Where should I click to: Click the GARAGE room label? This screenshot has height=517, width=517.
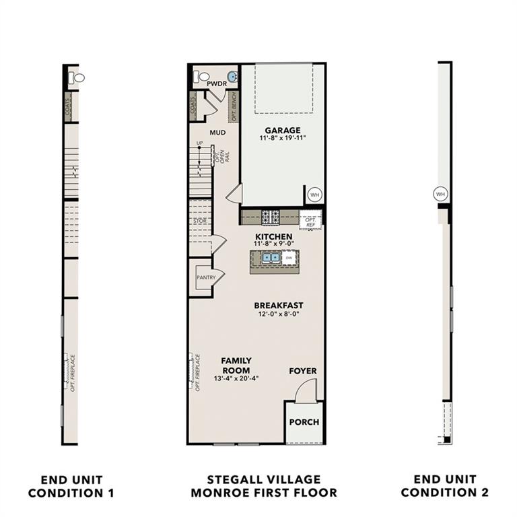pyautogui.click(x=282, y=130)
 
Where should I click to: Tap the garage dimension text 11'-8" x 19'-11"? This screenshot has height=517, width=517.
pyautogui.click(x=282, y=139)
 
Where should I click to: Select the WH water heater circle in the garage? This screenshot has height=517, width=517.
pyautogui.click(x=314, y=195)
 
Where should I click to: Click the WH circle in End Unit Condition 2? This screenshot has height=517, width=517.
pyautogui.click(x=441, y=194)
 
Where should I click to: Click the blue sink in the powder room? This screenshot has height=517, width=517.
pyautogui.click(x=232, y=77)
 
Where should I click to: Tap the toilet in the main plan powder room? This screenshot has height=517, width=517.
pyautogui.click(x=200, y=77)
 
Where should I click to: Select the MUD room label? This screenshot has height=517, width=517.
pyautogui.click(x=217, y=133)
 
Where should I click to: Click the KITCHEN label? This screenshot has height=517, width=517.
pyautogui.click(x=273, y=236)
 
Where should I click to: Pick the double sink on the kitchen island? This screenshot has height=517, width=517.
pyautogui.click(x=271, y=257)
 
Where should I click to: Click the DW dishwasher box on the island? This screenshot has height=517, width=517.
pyautogui.click(x=288, y=257)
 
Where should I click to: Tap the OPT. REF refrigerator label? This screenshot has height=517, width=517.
pyautogui.click(x=311, y=221)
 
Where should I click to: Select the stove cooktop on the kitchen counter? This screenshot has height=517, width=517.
pyautogui.click(x=271, y=217)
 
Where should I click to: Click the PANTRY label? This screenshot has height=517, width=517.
pyautogui.click(x=205, y=277)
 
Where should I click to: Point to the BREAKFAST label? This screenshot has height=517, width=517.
pyautogui.click(x=279, y=305)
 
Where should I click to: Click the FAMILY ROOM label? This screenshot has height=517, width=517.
pyautogui.click(x=236, y=366)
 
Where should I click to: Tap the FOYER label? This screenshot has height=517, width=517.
pyautogui.click(x=303, y=371)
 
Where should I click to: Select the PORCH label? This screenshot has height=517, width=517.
pyautogui.click(x=304, y=422)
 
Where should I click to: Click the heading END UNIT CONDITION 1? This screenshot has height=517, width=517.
pyautogui.click(x=72, y=486)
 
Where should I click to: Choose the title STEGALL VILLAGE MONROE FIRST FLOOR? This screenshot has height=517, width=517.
pyautogui.click(x=264, y=486)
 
